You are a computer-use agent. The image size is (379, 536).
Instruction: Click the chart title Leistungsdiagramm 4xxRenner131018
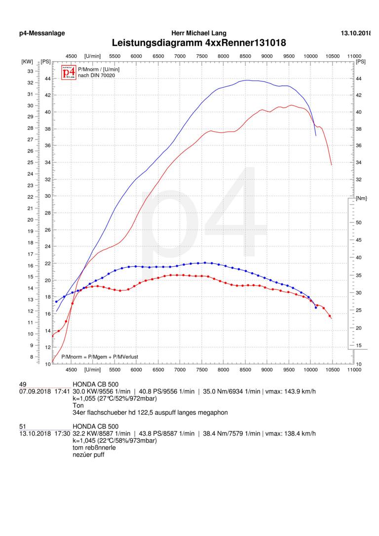pyautogui.click(x=199, y=43)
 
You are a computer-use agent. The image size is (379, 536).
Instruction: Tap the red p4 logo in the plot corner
pyautogui.click(x=68, y=72)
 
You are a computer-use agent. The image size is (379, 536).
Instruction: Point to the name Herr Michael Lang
pyautogui.click(x=198, y=33)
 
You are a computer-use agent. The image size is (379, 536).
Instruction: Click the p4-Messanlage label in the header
pyautogui.click(x=42, y=33)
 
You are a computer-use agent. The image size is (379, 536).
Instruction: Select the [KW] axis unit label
pyautogui.click(x=27, y=62)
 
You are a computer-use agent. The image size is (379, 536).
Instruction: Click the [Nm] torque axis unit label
pyautogui.click(x=361, y=198)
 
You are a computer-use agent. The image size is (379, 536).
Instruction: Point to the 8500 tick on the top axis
pyautogui.click(x=245, y=56)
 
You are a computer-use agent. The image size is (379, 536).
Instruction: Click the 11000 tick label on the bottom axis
pyautogui.click(x=354, y=369)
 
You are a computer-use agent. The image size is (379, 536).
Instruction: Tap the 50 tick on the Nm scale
pyautogui.click(x=359, y=222)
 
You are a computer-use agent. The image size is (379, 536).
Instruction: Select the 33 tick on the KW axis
pyautogui.click(x=30, y=71)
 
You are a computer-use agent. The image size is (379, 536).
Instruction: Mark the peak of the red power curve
pyautogui.click(x=292, y=105)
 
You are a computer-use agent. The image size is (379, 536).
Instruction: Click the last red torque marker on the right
pyautogui.click(x=330, y=316)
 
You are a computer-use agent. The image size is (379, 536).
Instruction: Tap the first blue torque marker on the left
pyautogui.click(x=56, y=302)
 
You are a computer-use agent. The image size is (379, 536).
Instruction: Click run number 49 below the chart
pyautogui.click(x=23, y=384)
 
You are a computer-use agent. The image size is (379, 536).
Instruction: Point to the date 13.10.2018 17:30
pyautogui.click(x=44, y=433)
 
